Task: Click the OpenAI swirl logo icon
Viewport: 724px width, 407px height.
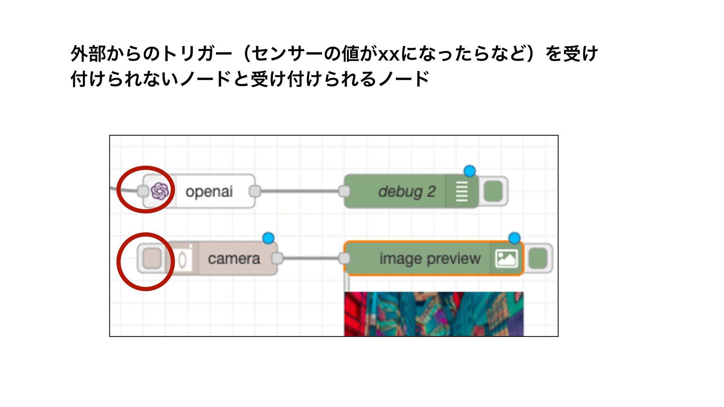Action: pos(160,191)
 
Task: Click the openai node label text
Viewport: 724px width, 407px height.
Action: pos(209,191)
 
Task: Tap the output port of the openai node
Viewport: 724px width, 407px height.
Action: pos(255,191)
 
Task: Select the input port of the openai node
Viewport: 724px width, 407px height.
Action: pos(143,191)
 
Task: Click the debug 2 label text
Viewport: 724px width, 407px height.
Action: pos(406,191)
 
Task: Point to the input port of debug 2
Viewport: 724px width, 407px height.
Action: pos(344,191)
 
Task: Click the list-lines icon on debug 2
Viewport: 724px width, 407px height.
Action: pos(462,191)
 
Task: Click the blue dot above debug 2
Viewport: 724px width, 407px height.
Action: pos(469,171)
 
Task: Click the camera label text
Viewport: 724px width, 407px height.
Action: pos(234,259)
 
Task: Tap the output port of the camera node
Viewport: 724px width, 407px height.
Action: pos(277,258)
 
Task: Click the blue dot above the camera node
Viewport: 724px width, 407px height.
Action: pos(268,238)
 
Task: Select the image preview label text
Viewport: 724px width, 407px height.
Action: pos(430,259)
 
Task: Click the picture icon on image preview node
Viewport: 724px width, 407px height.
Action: pos(506,259)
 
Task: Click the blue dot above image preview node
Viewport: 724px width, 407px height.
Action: pos(514,238)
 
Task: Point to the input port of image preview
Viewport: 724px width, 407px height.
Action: pos(344,259)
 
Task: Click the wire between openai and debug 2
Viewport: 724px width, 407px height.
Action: pos(300,191)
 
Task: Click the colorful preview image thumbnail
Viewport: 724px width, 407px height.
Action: pos(434,314)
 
